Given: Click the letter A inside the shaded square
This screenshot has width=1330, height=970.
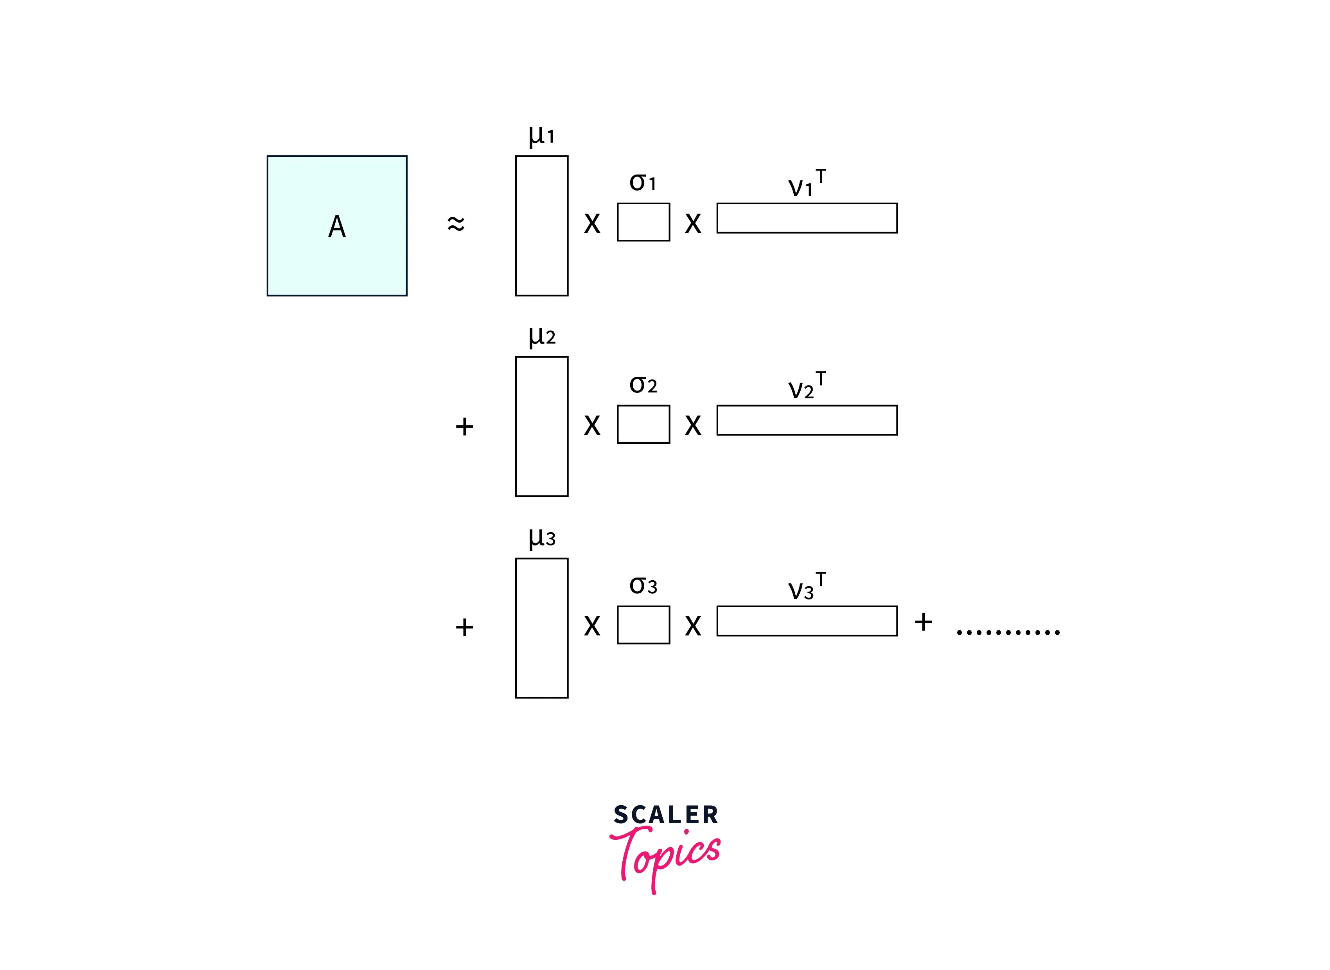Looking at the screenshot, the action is tap(337, 226).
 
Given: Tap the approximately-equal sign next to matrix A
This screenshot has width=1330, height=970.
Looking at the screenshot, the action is tap(456, 224).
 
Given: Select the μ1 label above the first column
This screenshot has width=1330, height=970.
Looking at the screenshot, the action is tap(541, 136).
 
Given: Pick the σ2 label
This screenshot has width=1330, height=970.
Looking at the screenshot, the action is tap(643, 385).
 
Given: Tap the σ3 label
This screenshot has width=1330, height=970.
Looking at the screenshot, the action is tap(643, 585).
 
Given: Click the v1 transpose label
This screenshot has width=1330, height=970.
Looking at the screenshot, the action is tap(807, 183).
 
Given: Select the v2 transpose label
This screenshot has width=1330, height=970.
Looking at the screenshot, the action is tap(807, 385).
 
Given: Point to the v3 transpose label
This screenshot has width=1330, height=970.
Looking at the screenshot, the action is tap(807, 586).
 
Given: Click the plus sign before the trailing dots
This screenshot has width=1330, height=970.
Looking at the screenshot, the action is tap(923, 622).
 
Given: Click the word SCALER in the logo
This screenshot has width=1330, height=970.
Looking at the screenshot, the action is tap(666, 815).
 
